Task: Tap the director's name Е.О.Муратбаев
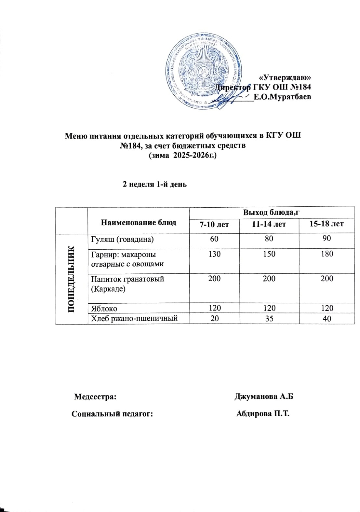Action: pyautogui.click(x=282, y=97)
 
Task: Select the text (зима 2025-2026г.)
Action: pyautogui.click(x=182, y=156)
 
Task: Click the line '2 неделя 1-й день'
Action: pyautogui.click(x=154, y=184)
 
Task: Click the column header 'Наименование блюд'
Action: pyautogui.click(x=139, y=222)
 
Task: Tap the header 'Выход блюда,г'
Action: pyautogui.click(x=271, y=213)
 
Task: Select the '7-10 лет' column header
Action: pyautogui.click(x=214, y=225)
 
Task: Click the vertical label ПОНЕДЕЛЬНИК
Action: pyautogui.click(x=72, y=280)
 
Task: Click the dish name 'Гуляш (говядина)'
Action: pyautogui.click(x=122, y=240)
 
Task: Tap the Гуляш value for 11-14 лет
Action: pyautogui.click(x=269, y=239)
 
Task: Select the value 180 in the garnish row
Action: pyautogui.click(x=327, y=254)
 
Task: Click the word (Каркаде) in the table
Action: pyautogui.click(x=108, y=289)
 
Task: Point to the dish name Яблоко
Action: pyautogui.click(x=104, y=308)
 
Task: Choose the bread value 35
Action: pyautogui.click(x=269, y=318)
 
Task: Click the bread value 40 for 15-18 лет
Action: pyautogui.click(x=327, y=319)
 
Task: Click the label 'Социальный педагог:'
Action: pyautogui.click(x=112, y=414)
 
